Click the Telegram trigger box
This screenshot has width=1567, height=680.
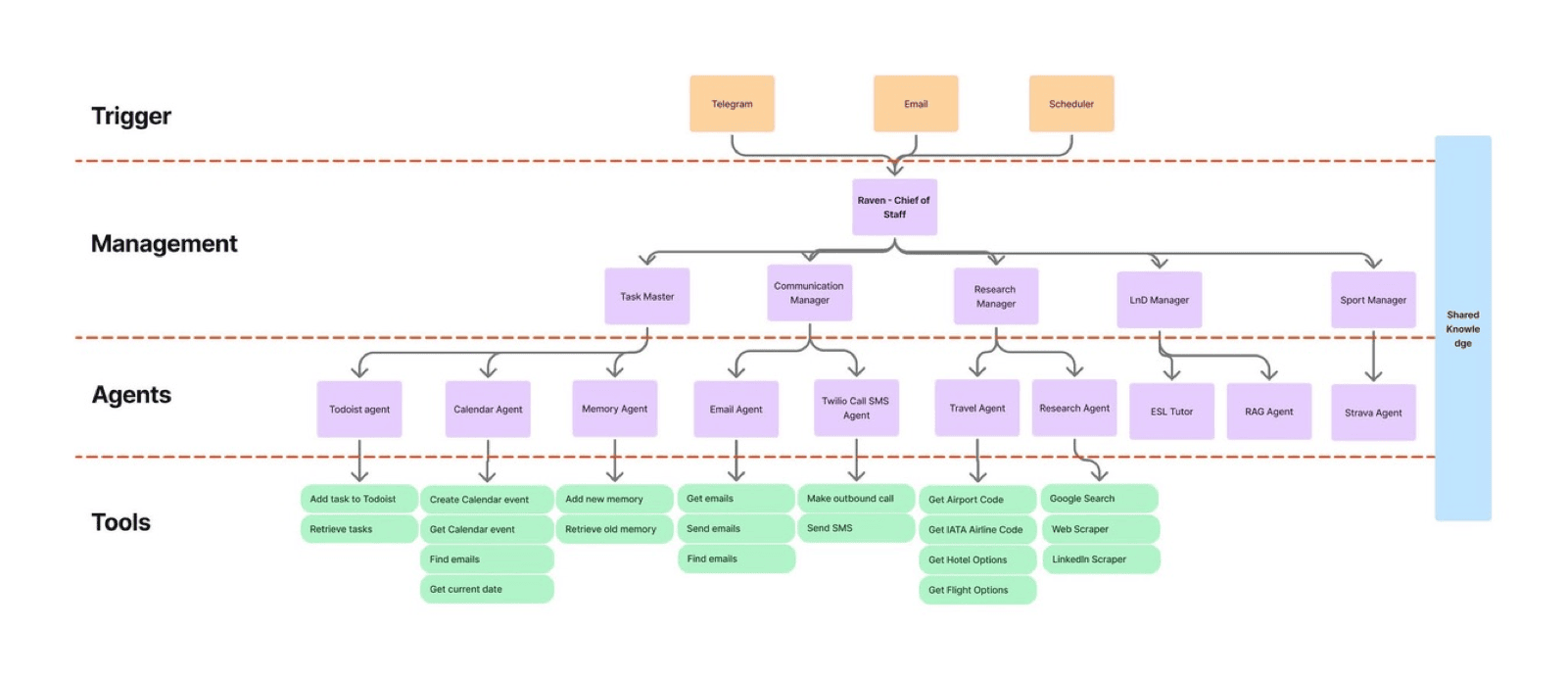coord(732,104)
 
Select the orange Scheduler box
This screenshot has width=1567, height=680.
coord(1071,104)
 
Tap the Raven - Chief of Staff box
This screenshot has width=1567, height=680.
coord(894,207)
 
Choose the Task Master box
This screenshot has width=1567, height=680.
coord(647,296)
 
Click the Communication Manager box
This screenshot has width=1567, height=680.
coord(809,292)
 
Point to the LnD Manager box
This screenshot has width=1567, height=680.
coord(1160,300)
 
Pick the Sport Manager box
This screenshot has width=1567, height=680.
coord(1373,300)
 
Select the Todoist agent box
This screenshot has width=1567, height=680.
coord(359,410)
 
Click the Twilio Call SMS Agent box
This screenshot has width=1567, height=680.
coord(856,408)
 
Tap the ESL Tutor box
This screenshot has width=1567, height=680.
coord(1171,412)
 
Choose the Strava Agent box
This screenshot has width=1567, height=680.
coord(1373,413)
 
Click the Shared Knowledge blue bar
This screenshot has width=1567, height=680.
coord(1463,328)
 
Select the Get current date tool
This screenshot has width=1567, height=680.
coord(487,589)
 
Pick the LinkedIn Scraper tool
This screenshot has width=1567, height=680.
coord(1101,559)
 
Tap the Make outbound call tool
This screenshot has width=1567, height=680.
coord(856,498)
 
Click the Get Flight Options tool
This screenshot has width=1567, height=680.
coord(977,590)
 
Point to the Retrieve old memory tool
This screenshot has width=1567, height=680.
coord(614,529)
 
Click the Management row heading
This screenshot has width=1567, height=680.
coord(165,243)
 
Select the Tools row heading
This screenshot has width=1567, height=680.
coord(121,522)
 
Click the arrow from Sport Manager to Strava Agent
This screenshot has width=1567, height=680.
coord(1373,356)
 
